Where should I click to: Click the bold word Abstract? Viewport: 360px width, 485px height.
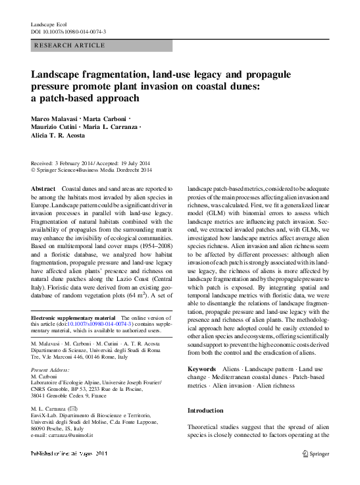click(x=43, y=188)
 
